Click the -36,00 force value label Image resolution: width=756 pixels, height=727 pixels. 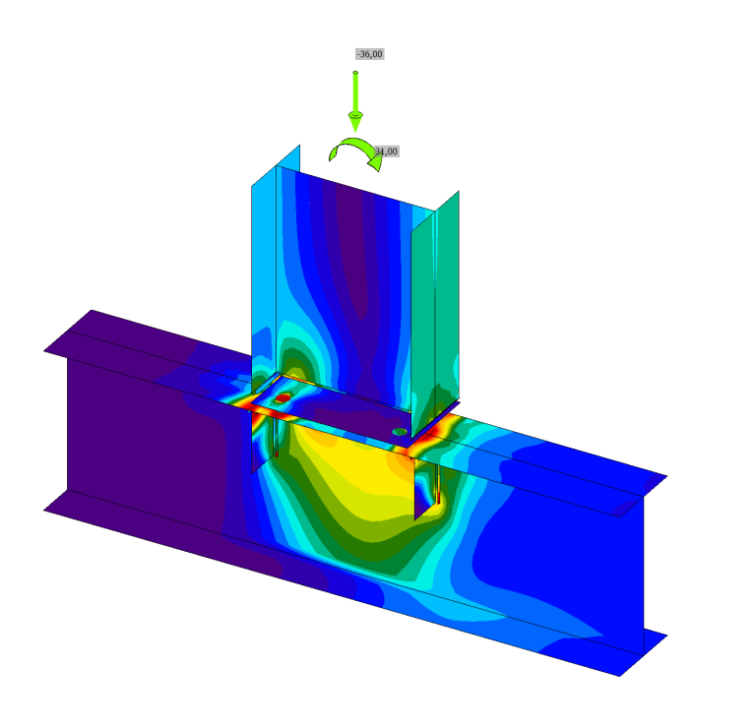(x=369, y=54)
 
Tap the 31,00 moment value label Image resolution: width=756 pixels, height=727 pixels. (x=387, y=151)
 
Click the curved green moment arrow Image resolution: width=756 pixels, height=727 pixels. (x=354, y=151)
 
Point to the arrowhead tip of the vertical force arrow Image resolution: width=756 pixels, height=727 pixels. (x=355, y=130)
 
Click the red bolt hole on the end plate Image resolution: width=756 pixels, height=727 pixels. (x=283, y=398)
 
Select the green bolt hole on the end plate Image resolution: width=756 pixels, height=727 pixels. (x=399, y=431)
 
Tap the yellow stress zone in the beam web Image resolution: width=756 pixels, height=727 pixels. (x=345, y=472)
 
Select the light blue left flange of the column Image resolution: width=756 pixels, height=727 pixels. (x=264, y=275)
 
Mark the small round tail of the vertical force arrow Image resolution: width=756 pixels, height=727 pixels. (x=355, y=72)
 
